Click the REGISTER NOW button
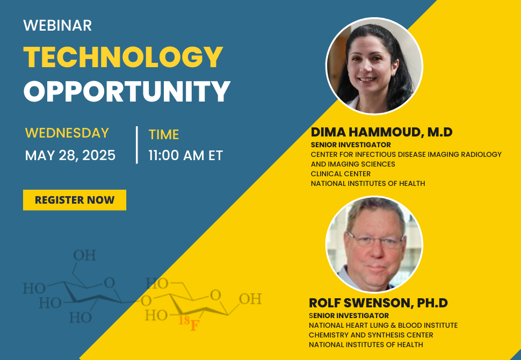tap(75, 200)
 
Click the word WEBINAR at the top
tap(57, 25)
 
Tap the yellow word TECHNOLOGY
tap(123, 57)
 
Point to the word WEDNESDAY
tap(67, 133)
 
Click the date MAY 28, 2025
tap(70, 155)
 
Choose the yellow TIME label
tap(164, 134)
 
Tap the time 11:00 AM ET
tap(185, 156)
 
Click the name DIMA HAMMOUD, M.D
tap(381, 132)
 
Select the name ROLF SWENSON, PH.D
tap(378, 303)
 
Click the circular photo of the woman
tap(374, 66)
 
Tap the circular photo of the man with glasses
tap(374, 244)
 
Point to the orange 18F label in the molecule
tap(188, 322)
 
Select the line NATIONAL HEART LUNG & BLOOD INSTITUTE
tap(383, 325)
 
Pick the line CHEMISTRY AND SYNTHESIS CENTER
tap(371, 335)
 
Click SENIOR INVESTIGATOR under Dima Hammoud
tap(351, 145)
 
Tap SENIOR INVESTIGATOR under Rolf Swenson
tap(349, 315)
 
